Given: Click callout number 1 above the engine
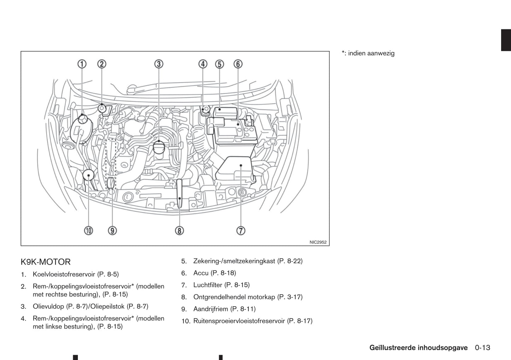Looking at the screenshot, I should tap(82, 64).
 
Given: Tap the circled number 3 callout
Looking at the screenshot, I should tap(159, 64).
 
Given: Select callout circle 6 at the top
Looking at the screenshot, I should tap(238, 64).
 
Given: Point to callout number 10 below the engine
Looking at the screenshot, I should tap(88, 231).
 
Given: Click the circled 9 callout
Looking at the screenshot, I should tap(112, 231).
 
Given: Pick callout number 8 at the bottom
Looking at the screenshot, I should tap(179, 231).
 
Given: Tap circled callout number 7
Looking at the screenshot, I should tap(240, 231).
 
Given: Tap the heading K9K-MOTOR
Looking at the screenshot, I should tap(46, 262).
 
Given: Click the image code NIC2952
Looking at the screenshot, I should tap(318, 242).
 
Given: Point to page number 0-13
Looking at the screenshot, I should tap(482, 348).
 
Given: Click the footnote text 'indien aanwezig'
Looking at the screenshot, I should tap(371, 53).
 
